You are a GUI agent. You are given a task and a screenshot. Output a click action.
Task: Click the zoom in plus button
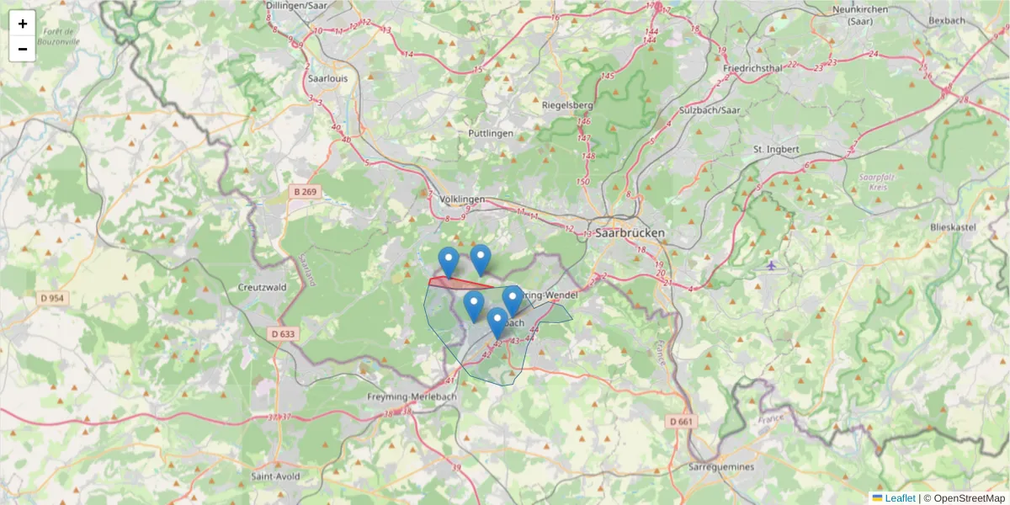(x=23, y=24)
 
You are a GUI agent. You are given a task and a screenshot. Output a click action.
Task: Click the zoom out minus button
(x=23, y=49)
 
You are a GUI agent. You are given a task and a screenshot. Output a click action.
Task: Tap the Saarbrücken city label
(x=630, y=233)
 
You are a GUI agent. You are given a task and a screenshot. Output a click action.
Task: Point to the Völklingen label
(x=462, y=199)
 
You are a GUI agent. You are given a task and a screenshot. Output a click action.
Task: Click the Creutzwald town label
(x=263, y=287)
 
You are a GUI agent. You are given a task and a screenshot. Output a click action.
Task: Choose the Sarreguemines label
(x=721, y=466)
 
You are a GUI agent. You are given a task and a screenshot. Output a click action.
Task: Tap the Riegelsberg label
(x=568, y=105)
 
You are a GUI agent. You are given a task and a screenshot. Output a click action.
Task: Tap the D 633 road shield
(x=284, y=333)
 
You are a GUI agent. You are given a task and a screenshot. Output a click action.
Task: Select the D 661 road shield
(x=682, y=421)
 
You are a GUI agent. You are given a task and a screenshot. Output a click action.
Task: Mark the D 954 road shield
(x=52, y=298)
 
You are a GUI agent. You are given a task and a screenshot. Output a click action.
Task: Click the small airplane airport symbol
(x=772, y=266)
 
